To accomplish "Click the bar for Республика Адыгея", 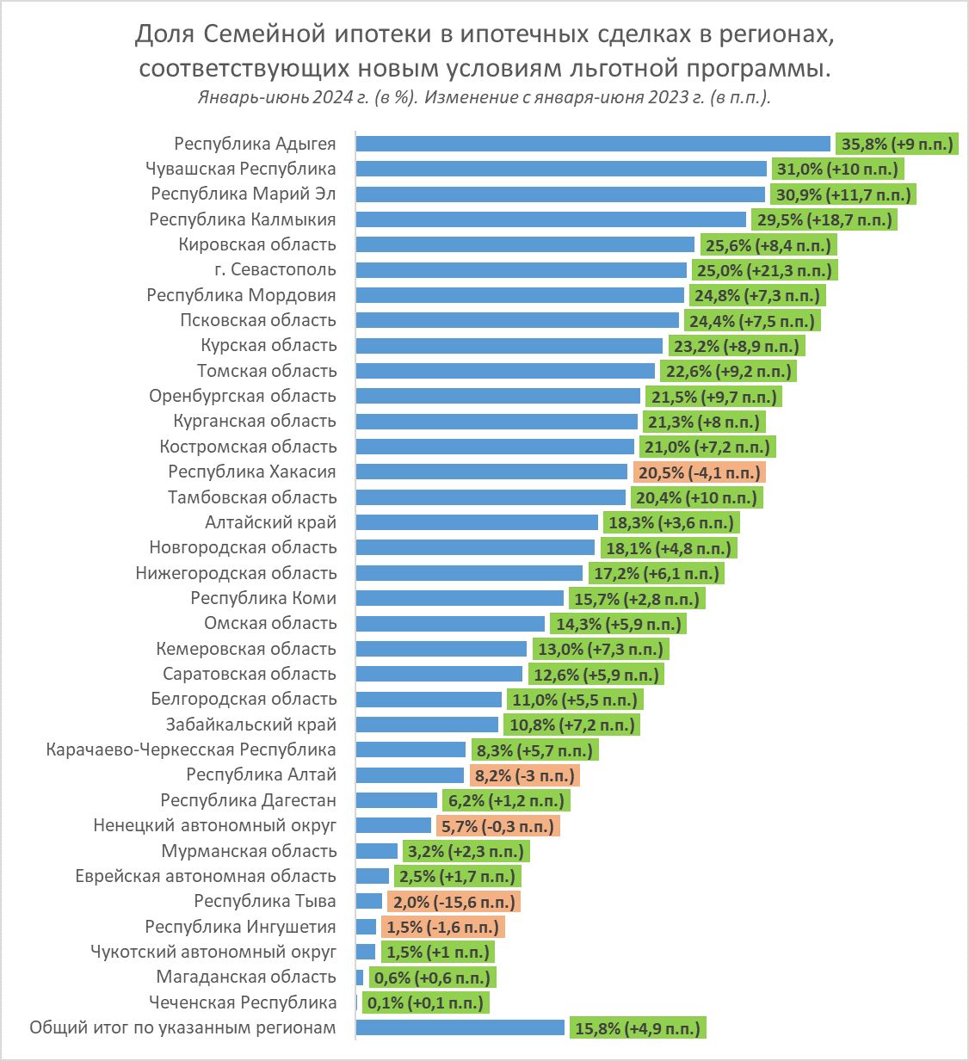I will pos(592,144).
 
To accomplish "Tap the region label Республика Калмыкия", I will pos(243,219).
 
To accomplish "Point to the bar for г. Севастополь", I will pos(521,270).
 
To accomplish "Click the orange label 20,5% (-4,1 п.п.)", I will pos(699,472).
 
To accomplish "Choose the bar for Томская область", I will pos(505,371).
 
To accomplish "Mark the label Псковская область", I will pos(258,320).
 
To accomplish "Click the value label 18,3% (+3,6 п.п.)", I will pos(683,522).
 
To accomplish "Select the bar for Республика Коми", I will pos(460,598).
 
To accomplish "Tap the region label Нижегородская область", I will pos(236,573).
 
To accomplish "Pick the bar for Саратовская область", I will pos(439,674).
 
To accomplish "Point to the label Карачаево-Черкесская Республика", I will pos(191,749).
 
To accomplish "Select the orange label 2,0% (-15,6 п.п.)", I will pos(454,902).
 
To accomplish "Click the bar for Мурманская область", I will pos(376,851).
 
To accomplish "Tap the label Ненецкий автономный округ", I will pos(214,826).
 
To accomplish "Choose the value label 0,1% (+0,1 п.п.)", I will pos(425,1002).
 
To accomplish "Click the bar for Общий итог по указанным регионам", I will pos(460,1027).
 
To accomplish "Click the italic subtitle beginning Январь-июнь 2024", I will pos(484,96).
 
